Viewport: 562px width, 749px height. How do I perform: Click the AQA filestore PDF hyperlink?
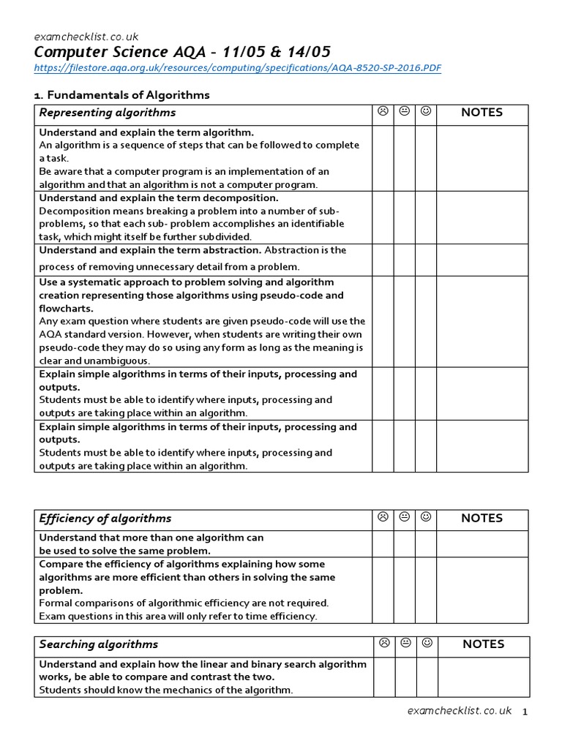point(238,68)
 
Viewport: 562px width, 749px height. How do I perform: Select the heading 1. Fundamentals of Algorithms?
point(122,95)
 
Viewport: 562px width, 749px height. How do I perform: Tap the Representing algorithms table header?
point(108,113)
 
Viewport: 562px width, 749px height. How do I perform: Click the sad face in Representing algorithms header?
point(383,112)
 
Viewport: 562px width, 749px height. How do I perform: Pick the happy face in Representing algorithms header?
point(426,112)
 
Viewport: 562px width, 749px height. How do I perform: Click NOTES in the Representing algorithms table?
point(482,113)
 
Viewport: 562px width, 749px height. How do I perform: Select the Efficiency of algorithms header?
point(105,519)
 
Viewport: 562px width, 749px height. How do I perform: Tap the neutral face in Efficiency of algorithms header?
point(405,518)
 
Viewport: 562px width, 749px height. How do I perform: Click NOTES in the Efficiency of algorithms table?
point(482,519)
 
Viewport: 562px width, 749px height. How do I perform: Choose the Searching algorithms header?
point(99,644)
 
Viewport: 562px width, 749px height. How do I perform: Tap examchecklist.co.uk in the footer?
point(460,711)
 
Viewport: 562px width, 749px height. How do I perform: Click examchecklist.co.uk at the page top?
point(86,36)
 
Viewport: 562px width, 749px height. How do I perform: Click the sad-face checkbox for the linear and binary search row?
point(383,677)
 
